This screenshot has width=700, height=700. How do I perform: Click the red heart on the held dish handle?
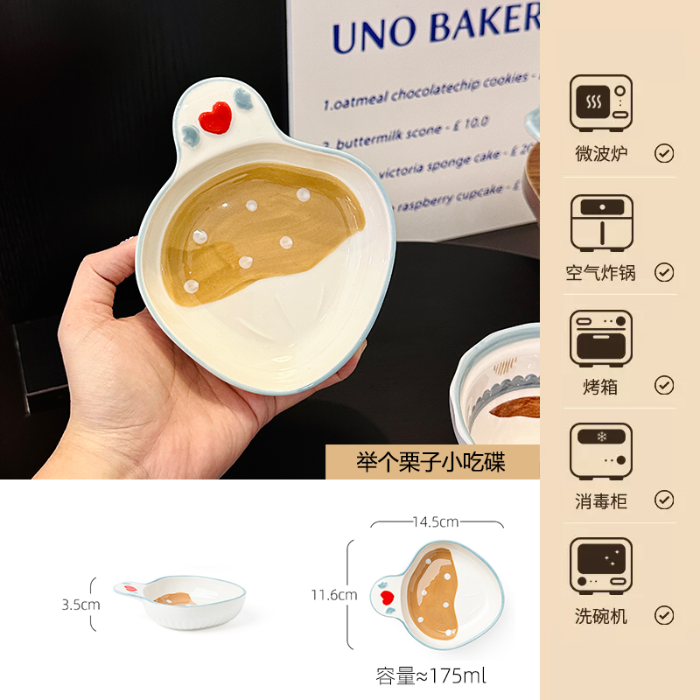(214, 117)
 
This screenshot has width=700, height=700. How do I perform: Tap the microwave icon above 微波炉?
(600, 103)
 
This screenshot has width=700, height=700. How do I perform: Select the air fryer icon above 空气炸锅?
(600, 222)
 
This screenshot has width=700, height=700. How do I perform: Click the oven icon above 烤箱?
(600, 338)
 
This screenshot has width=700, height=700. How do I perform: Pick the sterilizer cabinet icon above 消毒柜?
(600, 451)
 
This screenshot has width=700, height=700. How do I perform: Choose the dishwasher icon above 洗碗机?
(600, 567)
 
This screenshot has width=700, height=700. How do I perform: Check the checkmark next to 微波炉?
(664, 154)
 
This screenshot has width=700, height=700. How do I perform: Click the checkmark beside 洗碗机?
(664, 616)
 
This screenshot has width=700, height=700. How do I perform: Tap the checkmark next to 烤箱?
(664, 385)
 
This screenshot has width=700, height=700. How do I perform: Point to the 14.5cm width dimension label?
(436, 522)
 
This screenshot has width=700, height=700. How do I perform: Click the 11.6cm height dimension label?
(334, 595)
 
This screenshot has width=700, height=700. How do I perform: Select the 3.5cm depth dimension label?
(80, 604)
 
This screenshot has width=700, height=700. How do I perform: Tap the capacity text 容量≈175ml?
(430, 675)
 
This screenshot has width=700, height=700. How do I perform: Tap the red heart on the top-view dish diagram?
(386, 598)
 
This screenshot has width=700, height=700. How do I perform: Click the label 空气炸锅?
(600, 272)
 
